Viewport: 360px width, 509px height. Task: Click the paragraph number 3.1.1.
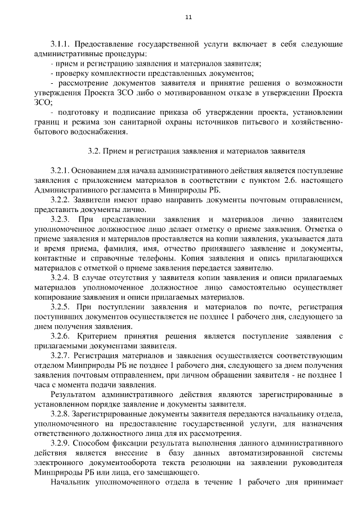(60, 43)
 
